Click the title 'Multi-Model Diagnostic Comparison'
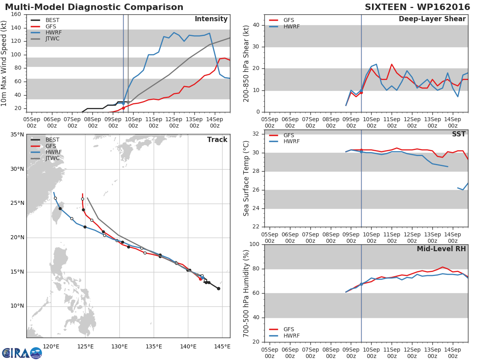pos(94,7)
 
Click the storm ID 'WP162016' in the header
pos(444,7)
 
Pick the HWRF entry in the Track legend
pos(46,152)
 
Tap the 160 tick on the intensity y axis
pos(16,14)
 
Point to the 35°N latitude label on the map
pos(17,135)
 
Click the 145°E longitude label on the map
pos(222,346)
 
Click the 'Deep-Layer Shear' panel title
pos(432,19)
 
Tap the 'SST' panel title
pos(459,134)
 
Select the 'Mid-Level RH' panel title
pos(441,249)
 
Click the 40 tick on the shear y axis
pos(256,25)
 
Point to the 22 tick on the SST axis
pos(256,227)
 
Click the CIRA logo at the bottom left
pos(22,353)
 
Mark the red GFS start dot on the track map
pos(200,279)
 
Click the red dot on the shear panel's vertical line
pos(361,93)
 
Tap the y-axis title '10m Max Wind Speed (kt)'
pos(4,63)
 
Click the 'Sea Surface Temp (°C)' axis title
pos(246,178)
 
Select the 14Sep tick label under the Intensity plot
pos(215,123)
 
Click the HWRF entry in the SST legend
pos(284,142)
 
